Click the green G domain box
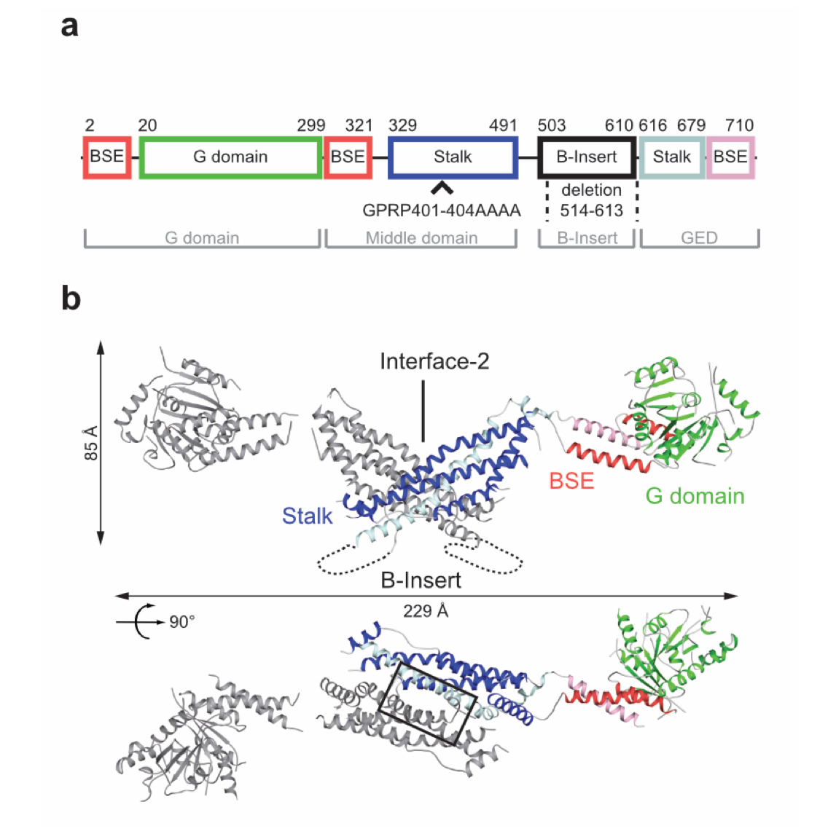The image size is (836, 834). tap(230, 157)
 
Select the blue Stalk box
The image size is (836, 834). tap(453, 157)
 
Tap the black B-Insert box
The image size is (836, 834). tap(587, 157)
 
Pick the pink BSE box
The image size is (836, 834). tap(730, 157)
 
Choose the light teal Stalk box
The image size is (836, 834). tap(671, 157)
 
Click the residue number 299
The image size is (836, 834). tap(310, 125)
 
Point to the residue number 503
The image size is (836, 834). tap(552, 125)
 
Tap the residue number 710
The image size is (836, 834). tap(739, 125)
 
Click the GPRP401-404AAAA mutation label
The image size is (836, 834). tap(442, 211)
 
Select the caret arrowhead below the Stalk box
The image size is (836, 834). tap(442, 188)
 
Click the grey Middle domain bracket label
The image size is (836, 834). tap(421, 238)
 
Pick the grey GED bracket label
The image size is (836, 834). tap(699, 238)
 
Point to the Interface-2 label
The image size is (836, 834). tap(434, 361)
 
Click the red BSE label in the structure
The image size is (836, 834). tap(571, 481)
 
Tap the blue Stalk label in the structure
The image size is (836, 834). tap(307, 516)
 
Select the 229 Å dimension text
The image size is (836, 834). tap(426, 611)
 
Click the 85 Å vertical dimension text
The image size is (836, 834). tap(91, 443)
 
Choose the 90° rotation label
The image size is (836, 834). tap(182, 622)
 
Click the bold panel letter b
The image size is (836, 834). tap(71, 299)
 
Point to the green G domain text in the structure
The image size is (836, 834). tap(695, 497)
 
